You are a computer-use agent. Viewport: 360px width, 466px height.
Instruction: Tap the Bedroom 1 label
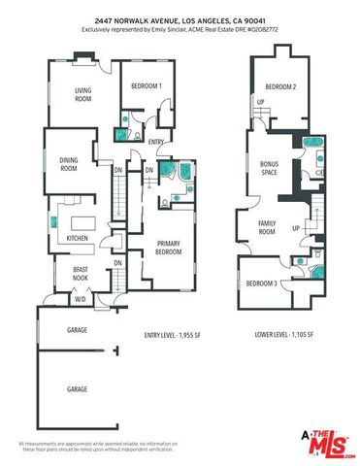point(147,85)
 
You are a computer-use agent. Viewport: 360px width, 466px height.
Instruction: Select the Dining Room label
point(68,166)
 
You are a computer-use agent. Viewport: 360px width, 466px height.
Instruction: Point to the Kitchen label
point(77,238)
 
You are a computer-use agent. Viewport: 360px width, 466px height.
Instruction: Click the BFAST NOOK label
point(82,274)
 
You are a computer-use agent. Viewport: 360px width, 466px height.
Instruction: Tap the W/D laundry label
point(80,299)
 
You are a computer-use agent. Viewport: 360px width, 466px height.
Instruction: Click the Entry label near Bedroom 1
point(154,142)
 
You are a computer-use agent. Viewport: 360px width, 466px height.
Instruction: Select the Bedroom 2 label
point(280,86)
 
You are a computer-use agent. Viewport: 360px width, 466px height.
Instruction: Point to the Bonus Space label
point(270,169)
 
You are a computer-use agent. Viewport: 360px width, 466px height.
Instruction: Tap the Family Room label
point(267,228)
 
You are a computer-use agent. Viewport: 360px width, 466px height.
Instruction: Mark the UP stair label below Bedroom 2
point(260,102)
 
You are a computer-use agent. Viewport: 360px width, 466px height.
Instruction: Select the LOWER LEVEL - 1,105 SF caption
point(280,335)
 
